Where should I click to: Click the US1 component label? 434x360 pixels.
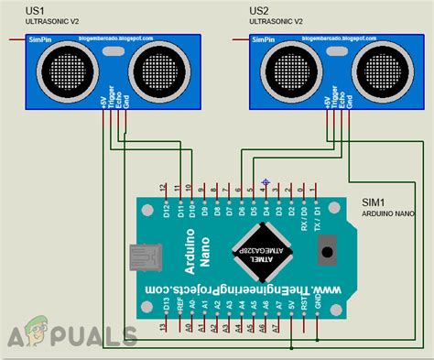[34, 10]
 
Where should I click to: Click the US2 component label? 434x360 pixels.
[259, 10]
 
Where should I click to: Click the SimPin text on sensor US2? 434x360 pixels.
[263, 39]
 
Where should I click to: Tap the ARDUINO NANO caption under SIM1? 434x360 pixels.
[387, 213]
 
